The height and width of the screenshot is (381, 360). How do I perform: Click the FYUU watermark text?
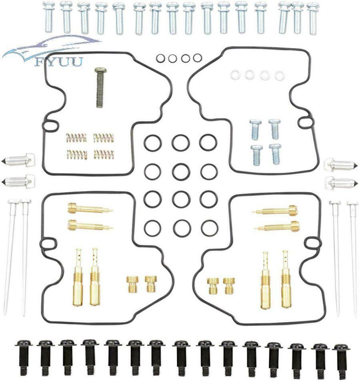(58, 62)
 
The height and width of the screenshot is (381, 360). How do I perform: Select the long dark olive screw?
(100, 87)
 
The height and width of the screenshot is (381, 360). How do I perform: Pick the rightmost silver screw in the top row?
(313, 18)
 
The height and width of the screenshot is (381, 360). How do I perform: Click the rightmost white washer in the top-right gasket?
(280, 75)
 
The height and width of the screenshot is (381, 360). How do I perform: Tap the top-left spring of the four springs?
(76, 138)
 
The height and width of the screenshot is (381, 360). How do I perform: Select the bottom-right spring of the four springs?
(104, 154)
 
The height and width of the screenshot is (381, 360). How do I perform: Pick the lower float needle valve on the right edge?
(342, 182)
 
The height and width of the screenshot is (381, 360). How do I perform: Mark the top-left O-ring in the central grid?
(152, 143)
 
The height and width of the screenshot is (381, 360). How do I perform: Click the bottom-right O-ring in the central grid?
(209, 228)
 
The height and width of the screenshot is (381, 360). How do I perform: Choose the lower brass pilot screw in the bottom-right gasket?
(277, 226)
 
